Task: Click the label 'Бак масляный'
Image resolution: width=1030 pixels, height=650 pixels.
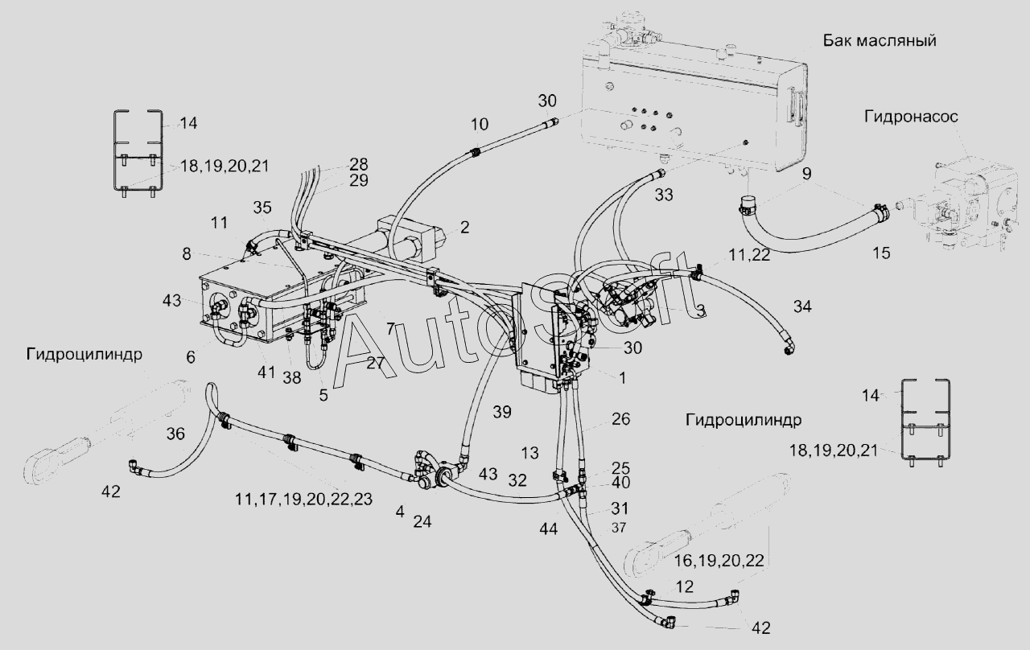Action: coord(880,41)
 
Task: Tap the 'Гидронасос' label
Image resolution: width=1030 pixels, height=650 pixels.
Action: coord(912,117)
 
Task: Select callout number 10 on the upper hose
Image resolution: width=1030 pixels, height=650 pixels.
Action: coord(479,124)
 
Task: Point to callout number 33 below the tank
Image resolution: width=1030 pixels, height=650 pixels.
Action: coord(664,194)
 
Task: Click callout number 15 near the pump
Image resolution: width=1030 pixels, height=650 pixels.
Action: coord(881,253)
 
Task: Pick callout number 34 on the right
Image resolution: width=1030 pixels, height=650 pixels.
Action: coord(802,306)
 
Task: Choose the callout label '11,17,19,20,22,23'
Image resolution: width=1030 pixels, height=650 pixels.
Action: coord(303,499)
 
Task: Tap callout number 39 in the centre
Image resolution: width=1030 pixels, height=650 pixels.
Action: coord(502,412)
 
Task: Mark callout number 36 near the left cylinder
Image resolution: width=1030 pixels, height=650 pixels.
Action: coord(175,434)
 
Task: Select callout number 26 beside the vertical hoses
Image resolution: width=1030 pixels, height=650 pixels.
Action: coord(620,419)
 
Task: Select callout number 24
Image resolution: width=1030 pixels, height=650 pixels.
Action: coord(422,521)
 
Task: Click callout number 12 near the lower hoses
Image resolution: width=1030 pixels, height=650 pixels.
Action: coord(684,586)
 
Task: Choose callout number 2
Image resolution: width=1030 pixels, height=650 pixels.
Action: coord(464,228)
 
